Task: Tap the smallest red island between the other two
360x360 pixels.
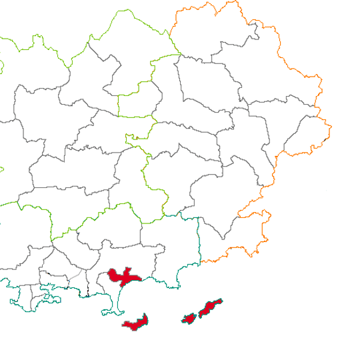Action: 189,319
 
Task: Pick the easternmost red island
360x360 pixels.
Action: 210,307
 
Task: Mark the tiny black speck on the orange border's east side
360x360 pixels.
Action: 325,139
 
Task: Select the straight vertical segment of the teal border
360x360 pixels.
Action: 199,240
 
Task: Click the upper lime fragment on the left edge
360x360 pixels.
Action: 1,67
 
